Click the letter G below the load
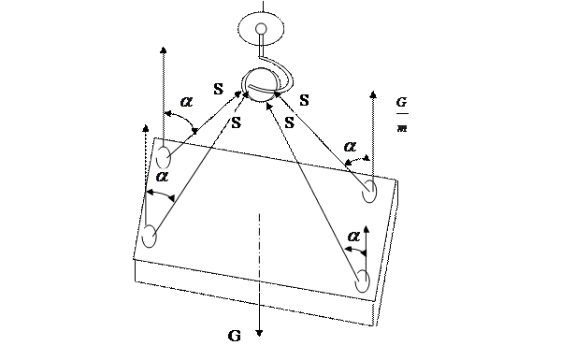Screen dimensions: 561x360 click(x=235, y=336)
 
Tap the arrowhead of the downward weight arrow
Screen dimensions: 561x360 click(x=260, y=334)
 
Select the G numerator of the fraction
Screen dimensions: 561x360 click(x=402, y=102)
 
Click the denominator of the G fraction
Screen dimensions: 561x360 click(x=402, y=128)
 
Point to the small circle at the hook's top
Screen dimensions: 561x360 click(x=262, y=28)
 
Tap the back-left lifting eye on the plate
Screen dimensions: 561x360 click(x=164, y=157)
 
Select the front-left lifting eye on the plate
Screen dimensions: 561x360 click(x=150, y=237)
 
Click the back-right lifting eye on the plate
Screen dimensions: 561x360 click(x=369, y=191)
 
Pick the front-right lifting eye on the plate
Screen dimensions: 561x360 click(x=363, y=281)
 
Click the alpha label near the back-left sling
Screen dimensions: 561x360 click(x=186, y=102)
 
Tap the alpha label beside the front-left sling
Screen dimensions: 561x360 click(x=162, y=176)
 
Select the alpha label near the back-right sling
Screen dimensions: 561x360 click(x=351, y=146)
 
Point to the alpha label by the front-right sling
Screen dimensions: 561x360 click(x=353, y=237)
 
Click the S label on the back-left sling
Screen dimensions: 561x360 click(x=218, y=89)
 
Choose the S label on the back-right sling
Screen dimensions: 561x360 click(x=304, y=100)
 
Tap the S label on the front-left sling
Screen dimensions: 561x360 click(x=237, y=122)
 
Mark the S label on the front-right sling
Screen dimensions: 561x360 click(x=290, y=122)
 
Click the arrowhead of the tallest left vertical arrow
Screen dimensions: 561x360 click(x=164, y=50)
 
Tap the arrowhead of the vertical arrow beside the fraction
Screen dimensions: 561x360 click(x=373, y=94)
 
